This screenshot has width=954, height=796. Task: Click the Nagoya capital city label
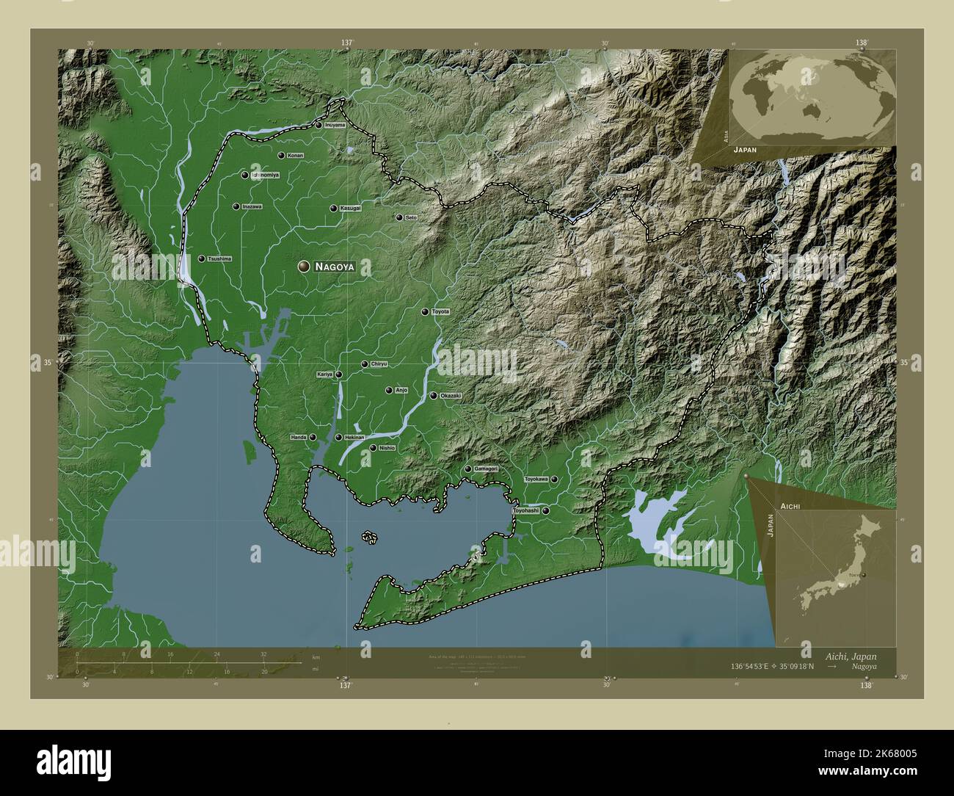[x=334, y=267]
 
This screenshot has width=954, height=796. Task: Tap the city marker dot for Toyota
[x=425, y=312]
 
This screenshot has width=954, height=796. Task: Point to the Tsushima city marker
[x=202, y=259]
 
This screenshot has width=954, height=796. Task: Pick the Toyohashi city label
[x=525, y=510]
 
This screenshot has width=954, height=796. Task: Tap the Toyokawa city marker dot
[x=555, y=480]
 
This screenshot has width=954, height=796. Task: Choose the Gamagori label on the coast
[x=487, y=468]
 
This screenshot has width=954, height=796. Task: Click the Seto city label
[x=411, y=217]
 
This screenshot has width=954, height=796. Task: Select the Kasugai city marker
[x=333, y=209]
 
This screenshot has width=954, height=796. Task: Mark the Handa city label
[x=299, y=438]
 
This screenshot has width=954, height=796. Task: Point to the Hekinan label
[x=354, y=438]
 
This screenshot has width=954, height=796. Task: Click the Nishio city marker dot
[x=373, y=448]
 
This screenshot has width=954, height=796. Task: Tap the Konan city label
[x=295, y=156]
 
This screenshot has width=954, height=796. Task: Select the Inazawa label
[x=252, y=207]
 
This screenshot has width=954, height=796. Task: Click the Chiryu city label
[x=379, y=364]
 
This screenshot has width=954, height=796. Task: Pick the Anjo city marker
[x=389, y=391]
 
